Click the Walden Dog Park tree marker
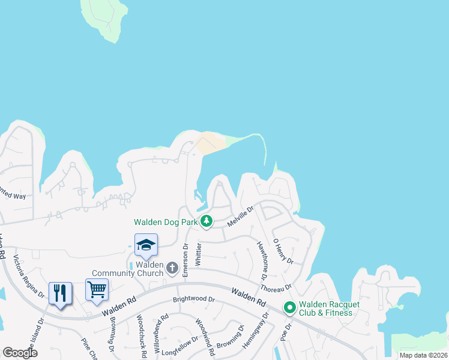206,221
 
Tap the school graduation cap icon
146,244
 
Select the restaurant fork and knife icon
60,293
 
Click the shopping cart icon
97,290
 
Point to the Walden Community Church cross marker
172,268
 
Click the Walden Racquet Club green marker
289,308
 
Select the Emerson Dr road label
185,259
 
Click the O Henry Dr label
283,251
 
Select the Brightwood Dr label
193,299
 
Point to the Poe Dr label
286,332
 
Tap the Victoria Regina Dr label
29,276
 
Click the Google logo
20,352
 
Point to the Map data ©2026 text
423,355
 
